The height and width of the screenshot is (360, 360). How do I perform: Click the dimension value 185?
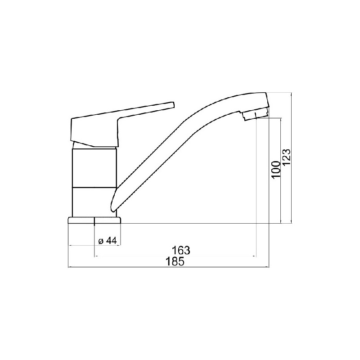click(175, 261)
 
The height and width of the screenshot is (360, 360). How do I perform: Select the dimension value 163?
click(181, 250)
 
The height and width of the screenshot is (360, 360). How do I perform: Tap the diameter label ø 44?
click(108, 241)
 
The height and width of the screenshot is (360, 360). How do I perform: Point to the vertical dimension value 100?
click(276, 170)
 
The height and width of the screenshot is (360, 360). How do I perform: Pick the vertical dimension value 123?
click(287, 157)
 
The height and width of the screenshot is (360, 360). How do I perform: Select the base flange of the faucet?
click(94, 220)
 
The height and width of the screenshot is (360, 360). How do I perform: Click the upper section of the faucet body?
click(94, 168)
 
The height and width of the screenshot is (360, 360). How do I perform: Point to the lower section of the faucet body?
click(92, 202)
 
